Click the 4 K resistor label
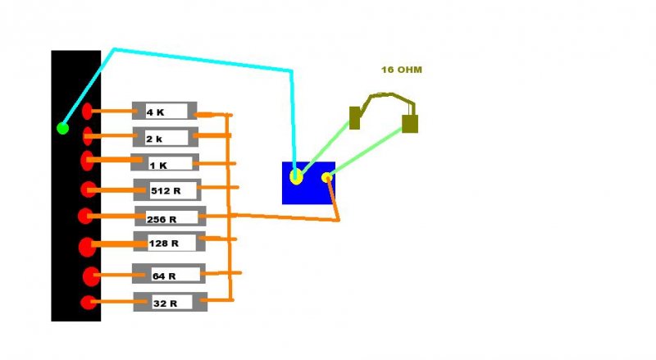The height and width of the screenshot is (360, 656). coord(156,112)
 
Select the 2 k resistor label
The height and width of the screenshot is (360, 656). coord(154,139)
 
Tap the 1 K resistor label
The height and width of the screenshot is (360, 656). coord(157,165)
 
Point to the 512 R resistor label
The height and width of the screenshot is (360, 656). coord(165,191)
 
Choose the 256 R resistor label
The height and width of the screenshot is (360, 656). coord(162,219)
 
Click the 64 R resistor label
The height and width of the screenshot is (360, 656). coord(165,276)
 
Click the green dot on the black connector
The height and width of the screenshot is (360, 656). coord(62,128)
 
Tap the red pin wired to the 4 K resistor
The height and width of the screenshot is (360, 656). coord(88,111)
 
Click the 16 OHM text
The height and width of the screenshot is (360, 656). coord(401,70)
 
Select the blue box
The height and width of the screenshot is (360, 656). coord(307,193)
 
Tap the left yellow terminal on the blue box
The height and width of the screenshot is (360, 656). coord(296,175)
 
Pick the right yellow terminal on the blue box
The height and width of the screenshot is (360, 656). coord(326,177)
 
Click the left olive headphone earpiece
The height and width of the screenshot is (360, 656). coord(355,118)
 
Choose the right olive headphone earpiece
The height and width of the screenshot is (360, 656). coord(410,124)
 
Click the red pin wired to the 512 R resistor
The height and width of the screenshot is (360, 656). coord(89,189)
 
